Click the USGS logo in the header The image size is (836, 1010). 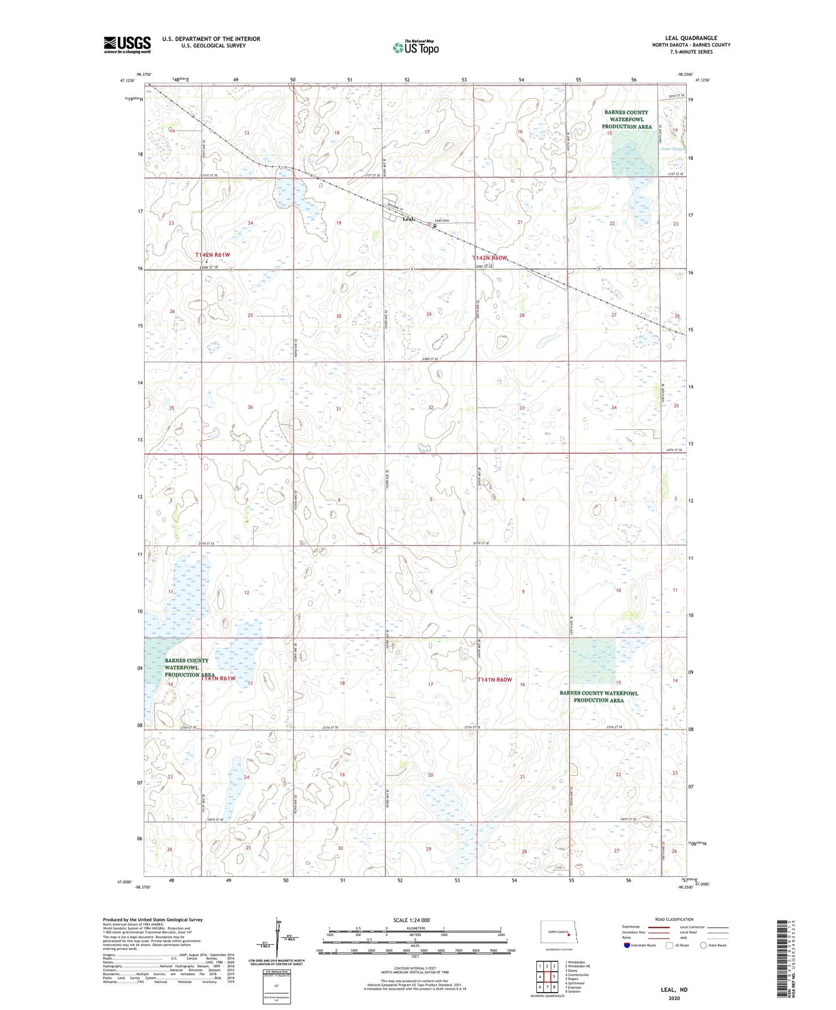[x=127, y=45]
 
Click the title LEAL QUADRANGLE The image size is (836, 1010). [x=691, y=38]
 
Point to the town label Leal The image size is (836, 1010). [x=408, y=219]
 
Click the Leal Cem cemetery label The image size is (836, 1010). [x=442, y=220]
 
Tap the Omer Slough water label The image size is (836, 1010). [x=672, y=149]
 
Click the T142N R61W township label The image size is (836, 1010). [x=212, y=255]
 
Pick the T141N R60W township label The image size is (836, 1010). [x=495, y=680]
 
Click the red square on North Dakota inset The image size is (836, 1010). [x=569, y=933]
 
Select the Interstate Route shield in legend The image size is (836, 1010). [x=627, y=945]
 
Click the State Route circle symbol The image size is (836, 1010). [x=704, y=945]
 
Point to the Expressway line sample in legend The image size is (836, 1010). [x=658, y=927]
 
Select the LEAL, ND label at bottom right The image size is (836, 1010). [x=674, y=990]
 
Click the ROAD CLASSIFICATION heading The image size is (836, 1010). [x=674, y=919]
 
